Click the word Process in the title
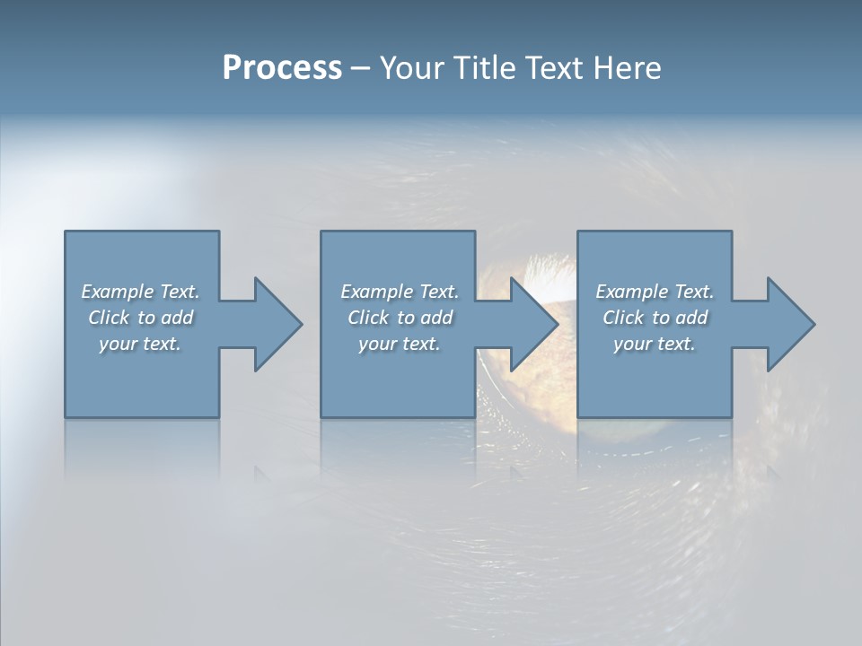[282, 68]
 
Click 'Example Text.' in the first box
[140, 292]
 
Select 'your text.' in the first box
[140, 344]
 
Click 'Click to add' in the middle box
[400, 318]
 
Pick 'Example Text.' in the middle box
[400, 292]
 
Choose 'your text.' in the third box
[655, 344]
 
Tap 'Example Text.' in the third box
[655, 292]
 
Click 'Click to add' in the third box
[655, 318]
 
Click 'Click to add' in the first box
[140, 318]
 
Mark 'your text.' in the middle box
[400, 344]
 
